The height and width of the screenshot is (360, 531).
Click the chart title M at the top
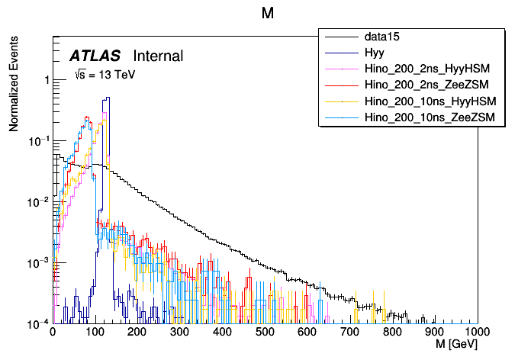pos(268,14)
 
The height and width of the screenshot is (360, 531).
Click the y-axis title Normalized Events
pos(14,86)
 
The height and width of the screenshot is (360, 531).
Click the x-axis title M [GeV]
pos(456,345)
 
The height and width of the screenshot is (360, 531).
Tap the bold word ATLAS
pos(95,56)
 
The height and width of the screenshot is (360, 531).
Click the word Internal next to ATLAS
pos(158,56)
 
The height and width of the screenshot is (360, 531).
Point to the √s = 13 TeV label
pos(105,75)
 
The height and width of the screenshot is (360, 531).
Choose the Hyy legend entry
pos(374,53)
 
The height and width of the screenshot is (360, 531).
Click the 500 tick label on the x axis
pos(265,333)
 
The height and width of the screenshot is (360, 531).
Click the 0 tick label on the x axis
pos(52,333)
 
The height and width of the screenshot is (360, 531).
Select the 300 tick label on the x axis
pos(179,333)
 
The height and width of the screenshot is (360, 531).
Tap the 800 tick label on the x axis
pos(392,333)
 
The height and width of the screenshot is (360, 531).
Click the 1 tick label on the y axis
pos(45,80)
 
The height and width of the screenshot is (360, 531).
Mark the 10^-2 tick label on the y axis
pos(38,201)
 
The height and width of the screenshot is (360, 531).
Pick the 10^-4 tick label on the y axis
pos(38,323)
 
